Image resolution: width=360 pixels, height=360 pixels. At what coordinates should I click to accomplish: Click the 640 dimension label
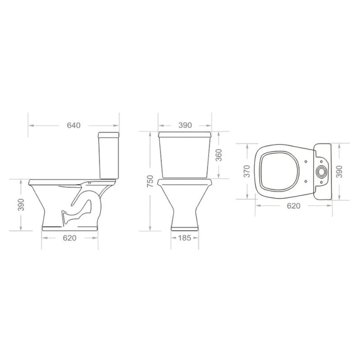click(x=74, y=125)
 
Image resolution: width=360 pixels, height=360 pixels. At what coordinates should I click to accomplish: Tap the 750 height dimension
click(x=150, y=181)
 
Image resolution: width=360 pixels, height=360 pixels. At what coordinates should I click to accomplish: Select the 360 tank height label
click(x=219, y=155)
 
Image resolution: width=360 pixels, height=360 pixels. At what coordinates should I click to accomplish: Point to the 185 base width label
click(x=185, y=238)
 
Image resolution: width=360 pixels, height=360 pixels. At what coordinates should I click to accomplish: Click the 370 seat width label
click(x=247, y=171)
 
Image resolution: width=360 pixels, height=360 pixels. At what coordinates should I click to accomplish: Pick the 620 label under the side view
click(x=69, y=238)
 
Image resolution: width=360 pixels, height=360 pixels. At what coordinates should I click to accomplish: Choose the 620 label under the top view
click(x=294, y=206)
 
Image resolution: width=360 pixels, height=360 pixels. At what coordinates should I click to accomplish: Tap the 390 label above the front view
click(x=185, y=125)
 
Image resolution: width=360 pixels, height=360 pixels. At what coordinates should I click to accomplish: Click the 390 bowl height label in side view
click(x=21, y=204)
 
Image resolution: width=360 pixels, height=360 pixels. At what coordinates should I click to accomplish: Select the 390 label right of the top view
click(x=339, y=171)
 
